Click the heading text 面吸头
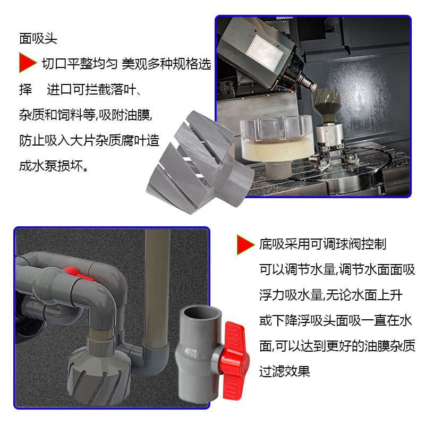click(38, 38)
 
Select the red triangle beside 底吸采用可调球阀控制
click(245, 245)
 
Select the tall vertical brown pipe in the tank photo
click(157, 287)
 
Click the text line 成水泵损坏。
click(54, 166)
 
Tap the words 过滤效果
click(285, 371)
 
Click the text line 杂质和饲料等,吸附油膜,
click(86, 115)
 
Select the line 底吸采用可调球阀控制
click(322, 244)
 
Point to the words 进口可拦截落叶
click(91, 89)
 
